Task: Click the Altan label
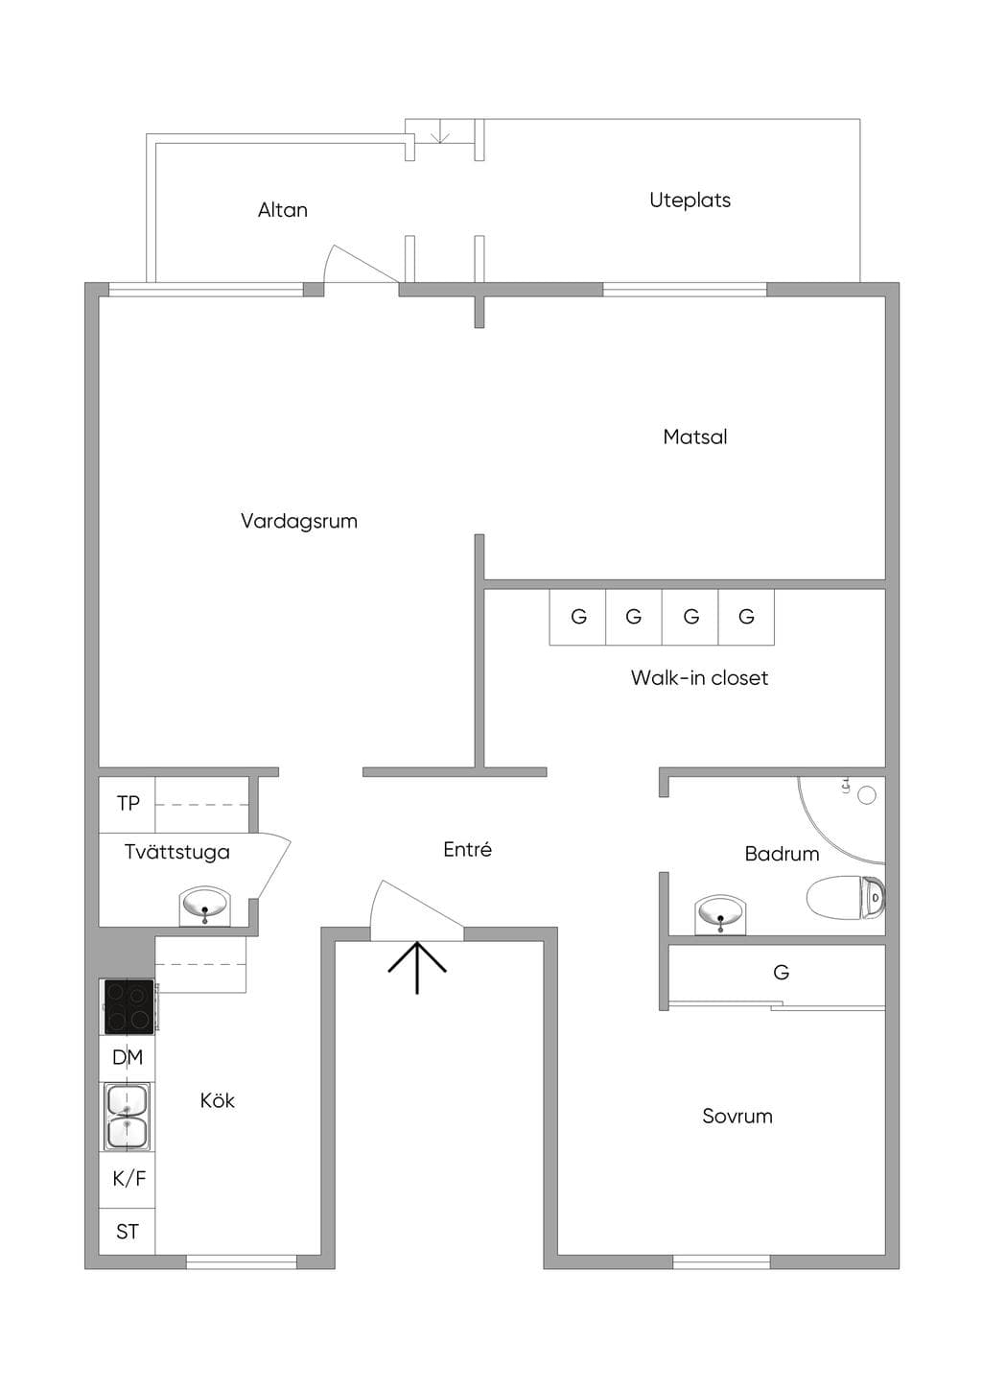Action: [282, 210]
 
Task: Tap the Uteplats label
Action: [690, 200]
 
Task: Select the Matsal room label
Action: [694, 436]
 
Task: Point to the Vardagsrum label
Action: [299, 521]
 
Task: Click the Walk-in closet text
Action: [699, 677]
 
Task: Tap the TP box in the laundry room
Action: [128, 804]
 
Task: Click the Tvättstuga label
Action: [176, 852]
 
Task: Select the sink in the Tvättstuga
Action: [204, 907]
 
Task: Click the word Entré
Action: [468, 850]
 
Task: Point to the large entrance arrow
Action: [417, 967]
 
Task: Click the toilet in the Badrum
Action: [846, 897]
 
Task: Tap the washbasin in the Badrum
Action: [720, 914]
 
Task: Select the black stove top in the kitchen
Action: [129, 1006]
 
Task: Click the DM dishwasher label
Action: [128, 1057]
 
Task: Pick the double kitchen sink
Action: [128, 1117]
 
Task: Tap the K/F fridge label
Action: [129, 1178]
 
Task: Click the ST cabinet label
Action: [128, 1232]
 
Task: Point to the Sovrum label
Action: [736, 1117]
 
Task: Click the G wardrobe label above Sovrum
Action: [781, 972]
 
